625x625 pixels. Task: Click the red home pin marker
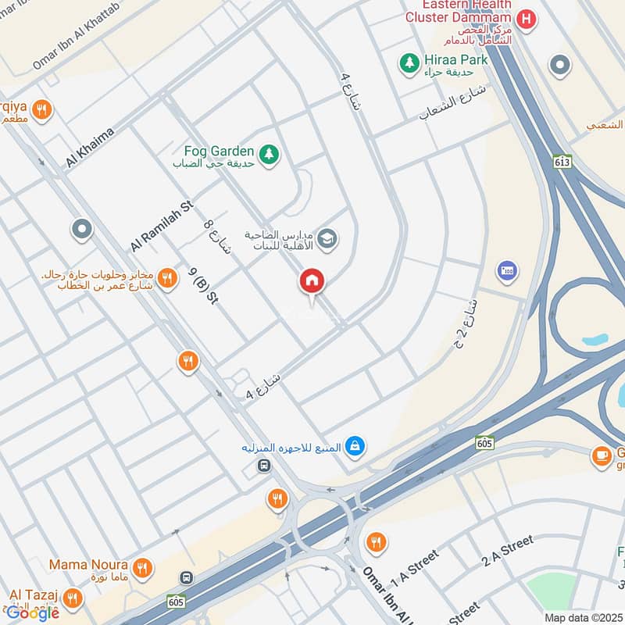[x=312, y=282]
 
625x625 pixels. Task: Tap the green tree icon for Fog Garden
[x=269, y=154]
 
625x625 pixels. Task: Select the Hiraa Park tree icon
[x=407, y=61]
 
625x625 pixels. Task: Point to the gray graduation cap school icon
[x=327, y=237]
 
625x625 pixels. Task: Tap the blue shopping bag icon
[x=355, y=446]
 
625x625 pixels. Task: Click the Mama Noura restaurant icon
[x=141, y=568]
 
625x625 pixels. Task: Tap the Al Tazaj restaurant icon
[x=73, y=598]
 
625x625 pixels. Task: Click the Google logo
[x=33, y=612]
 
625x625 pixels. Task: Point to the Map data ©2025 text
[x=582, y=617]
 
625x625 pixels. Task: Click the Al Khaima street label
[x=90, y=148]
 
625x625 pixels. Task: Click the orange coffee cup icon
[x=601, y=455]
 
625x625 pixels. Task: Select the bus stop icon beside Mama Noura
[x=186, y=578]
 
